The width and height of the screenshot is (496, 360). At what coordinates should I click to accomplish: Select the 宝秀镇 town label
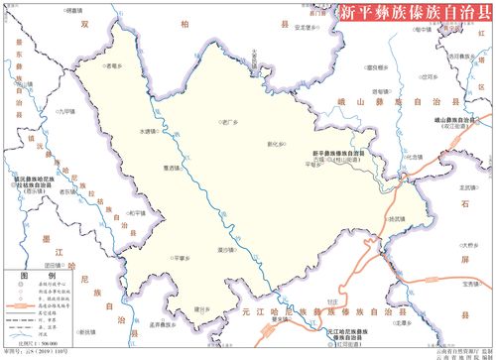pos(471,286)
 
